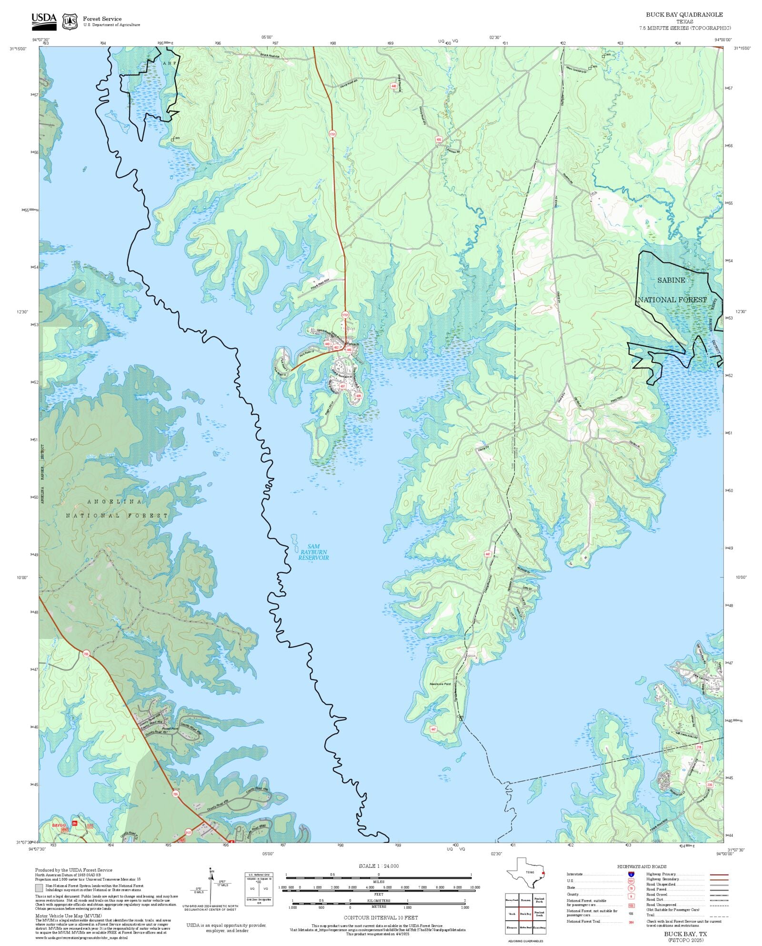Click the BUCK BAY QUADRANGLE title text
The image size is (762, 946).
684,15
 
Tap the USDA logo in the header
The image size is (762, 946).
44,21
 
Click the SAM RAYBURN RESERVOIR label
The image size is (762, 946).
313,552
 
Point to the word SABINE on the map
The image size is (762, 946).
671,280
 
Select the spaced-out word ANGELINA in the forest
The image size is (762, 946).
115,502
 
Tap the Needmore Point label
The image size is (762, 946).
440,684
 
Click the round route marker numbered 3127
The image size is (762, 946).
188,832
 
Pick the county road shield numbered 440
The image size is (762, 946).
393,86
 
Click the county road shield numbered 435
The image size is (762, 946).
439,140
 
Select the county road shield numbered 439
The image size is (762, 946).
358,396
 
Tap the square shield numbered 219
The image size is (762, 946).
699,747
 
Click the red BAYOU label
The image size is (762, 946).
59,825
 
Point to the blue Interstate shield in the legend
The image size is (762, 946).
631,875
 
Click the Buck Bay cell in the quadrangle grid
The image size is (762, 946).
525,914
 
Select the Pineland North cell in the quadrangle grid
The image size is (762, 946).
539,900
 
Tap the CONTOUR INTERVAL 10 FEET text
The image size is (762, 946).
381,917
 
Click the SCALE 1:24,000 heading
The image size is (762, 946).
379,866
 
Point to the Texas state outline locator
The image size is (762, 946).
525,873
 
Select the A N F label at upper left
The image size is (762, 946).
169,63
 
